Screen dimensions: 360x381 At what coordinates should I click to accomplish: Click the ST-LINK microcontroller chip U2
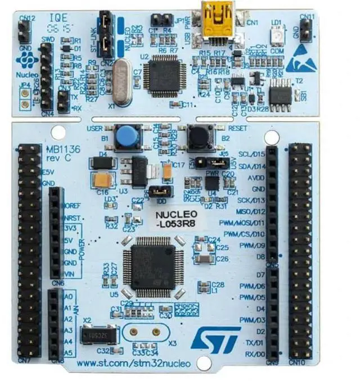tap(163, 74)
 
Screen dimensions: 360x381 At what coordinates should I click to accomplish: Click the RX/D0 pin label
tap(253, 354)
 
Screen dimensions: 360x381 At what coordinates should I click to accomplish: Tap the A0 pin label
tap(69, 296)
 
